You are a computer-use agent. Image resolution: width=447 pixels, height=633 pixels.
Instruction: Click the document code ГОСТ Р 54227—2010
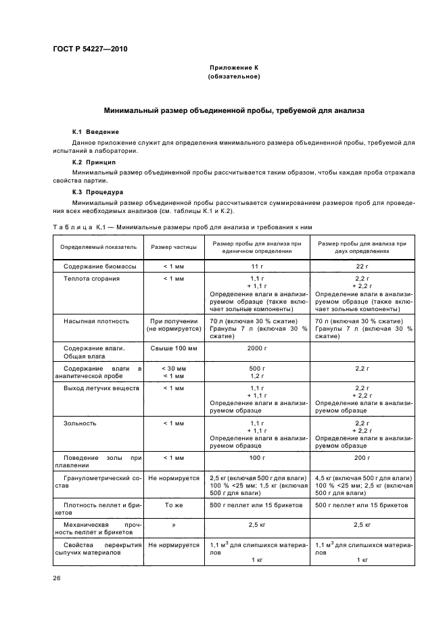[90, 49]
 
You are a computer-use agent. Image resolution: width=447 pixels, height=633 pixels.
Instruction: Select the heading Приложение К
[233, 68]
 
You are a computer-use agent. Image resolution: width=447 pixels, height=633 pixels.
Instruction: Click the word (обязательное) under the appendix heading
[233, 77]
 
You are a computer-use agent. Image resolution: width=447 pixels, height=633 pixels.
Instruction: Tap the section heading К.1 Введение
[95, 131]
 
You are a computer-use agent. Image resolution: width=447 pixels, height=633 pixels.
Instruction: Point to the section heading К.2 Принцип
[94, 163]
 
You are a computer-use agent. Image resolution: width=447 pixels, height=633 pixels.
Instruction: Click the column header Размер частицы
[174, 247]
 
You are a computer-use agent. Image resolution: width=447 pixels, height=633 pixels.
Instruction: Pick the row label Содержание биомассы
[100, 266]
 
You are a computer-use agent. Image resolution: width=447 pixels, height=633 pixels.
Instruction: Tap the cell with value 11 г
[256, 266]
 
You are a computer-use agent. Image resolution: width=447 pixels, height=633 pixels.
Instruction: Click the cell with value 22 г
[362, 266]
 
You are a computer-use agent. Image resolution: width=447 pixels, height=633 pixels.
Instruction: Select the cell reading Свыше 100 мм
[174, 348]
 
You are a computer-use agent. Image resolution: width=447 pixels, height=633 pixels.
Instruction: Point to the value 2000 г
[256, 348]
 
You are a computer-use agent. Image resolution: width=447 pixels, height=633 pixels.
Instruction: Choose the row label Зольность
[80, 423]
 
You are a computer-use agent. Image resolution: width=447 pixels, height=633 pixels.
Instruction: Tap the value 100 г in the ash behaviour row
[256, 458]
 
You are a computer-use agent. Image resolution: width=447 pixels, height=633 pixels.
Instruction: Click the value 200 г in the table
[362, 458]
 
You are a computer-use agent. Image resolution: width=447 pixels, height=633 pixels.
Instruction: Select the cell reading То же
[174, 505]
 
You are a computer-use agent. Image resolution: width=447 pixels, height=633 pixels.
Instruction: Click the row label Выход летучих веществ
[101, 388]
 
